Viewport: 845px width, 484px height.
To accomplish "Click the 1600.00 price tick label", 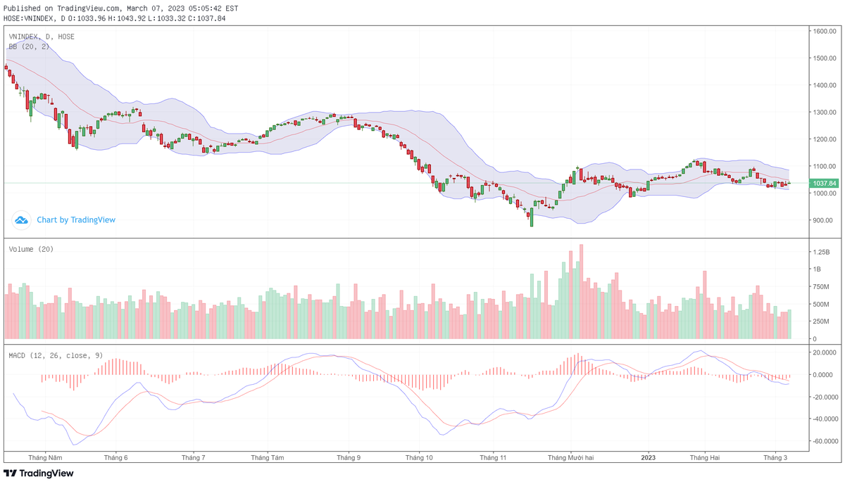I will (x=823, y=32).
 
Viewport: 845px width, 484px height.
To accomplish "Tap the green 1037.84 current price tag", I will (x=823, y=184).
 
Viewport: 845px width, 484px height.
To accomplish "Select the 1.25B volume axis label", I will (x=821, y=252).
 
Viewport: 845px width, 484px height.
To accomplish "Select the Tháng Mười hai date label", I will (x=571, y=457).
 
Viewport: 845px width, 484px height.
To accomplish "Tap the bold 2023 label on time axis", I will (x=649, y=457).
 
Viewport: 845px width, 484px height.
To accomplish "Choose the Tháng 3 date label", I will (x=776, y=457).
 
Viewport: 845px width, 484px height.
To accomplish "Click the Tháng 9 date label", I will (x=349, y=457).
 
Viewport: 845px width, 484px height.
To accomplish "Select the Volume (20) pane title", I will (x=31, y=249).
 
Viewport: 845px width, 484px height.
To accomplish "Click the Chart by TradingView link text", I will (x=76, y=220).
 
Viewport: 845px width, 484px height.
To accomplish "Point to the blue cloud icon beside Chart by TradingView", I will (x=21, y=220).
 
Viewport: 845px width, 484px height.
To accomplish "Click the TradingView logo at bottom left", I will (x=39, y=473).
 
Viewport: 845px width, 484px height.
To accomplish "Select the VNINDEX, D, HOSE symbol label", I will (x=42, y=37).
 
